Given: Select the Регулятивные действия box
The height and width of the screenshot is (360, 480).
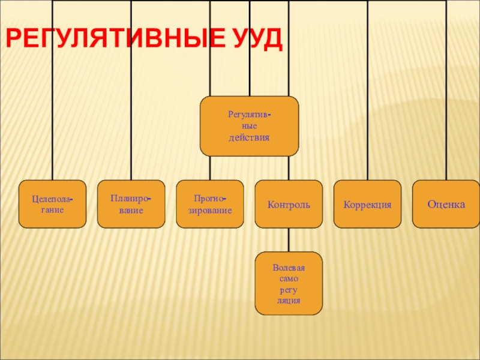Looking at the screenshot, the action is (x=249, y=126).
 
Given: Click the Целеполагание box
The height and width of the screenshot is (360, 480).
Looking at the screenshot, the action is (x=52, y=204).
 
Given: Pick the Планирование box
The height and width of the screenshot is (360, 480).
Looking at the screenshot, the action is (x=131, y=204).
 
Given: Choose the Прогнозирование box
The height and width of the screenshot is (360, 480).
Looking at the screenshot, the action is (x=210, y=204).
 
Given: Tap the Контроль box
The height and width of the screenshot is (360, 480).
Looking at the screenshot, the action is (x=289, y=204).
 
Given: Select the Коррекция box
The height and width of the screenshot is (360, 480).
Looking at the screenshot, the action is (x=367, y=204).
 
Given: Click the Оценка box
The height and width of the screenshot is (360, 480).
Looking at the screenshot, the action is (x=446, y=204).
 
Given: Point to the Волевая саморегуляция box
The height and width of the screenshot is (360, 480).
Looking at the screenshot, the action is (x=289, y=283).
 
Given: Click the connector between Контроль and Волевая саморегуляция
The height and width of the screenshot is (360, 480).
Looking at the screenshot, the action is (x=289, y=240).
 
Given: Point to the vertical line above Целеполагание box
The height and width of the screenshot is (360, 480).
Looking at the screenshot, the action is (x=52, y=120).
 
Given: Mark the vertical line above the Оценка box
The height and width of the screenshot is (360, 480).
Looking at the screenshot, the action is (x=446, y=120).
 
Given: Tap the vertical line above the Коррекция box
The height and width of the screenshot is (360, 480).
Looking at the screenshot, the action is (x=367, y=120).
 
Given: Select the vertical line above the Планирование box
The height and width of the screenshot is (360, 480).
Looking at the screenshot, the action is (x=131, y=120).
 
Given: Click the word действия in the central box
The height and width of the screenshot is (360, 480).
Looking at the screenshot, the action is (x=249, y=137).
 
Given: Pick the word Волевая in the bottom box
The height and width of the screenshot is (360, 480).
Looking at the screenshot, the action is (x=289, y=268).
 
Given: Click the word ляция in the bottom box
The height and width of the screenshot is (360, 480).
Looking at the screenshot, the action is (x=289, y=299).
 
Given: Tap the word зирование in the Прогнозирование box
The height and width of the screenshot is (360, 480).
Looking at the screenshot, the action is (x=210, y=211).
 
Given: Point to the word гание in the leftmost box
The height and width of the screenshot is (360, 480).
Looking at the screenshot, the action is (x=53, y=211).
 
